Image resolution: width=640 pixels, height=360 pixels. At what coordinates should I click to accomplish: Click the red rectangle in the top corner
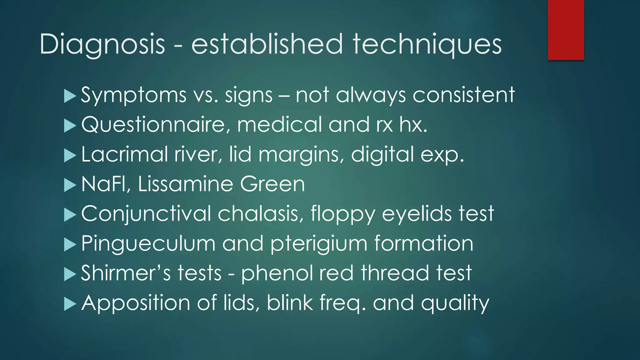point(566,30)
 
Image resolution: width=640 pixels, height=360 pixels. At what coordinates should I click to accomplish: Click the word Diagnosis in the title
point(102,44)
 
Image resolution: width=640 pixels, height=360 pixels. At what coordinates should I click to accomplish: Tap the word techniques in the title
point(427,44)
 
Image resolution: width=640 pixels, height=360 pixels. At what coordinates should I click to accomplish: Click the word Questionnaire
point(153,124)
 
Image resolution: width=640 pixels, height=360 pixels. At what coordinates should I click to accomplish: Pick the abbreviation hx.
point(413,124)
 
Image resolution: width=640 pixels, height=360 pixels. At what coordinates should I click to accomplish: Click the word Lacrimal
point(125,154)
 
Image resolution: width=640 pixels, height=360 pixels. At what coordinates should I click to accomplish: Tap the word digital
point(382,154)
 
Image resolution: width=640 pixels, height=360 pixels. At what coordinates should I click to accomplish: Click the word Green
point(272,184)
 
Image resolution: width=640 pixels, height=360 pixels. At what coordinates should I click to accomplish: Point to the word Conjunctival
point(146,214)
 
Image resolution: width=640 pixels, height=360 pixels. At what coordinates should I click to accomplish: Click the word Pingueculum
point(148,243)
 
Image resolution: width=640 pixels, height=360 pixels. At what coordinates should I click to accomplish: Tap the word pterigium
point(319,244)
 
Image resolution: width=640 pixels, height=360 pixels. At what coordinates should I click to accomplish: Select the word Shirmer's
point(126,273)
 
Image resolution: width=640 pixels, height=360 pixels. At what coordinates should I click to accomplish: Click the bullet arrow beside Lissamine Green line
point(70,185)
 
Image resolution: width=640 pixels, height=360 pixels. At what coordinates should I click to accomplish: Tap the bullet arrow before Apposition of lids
point(70,304)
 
